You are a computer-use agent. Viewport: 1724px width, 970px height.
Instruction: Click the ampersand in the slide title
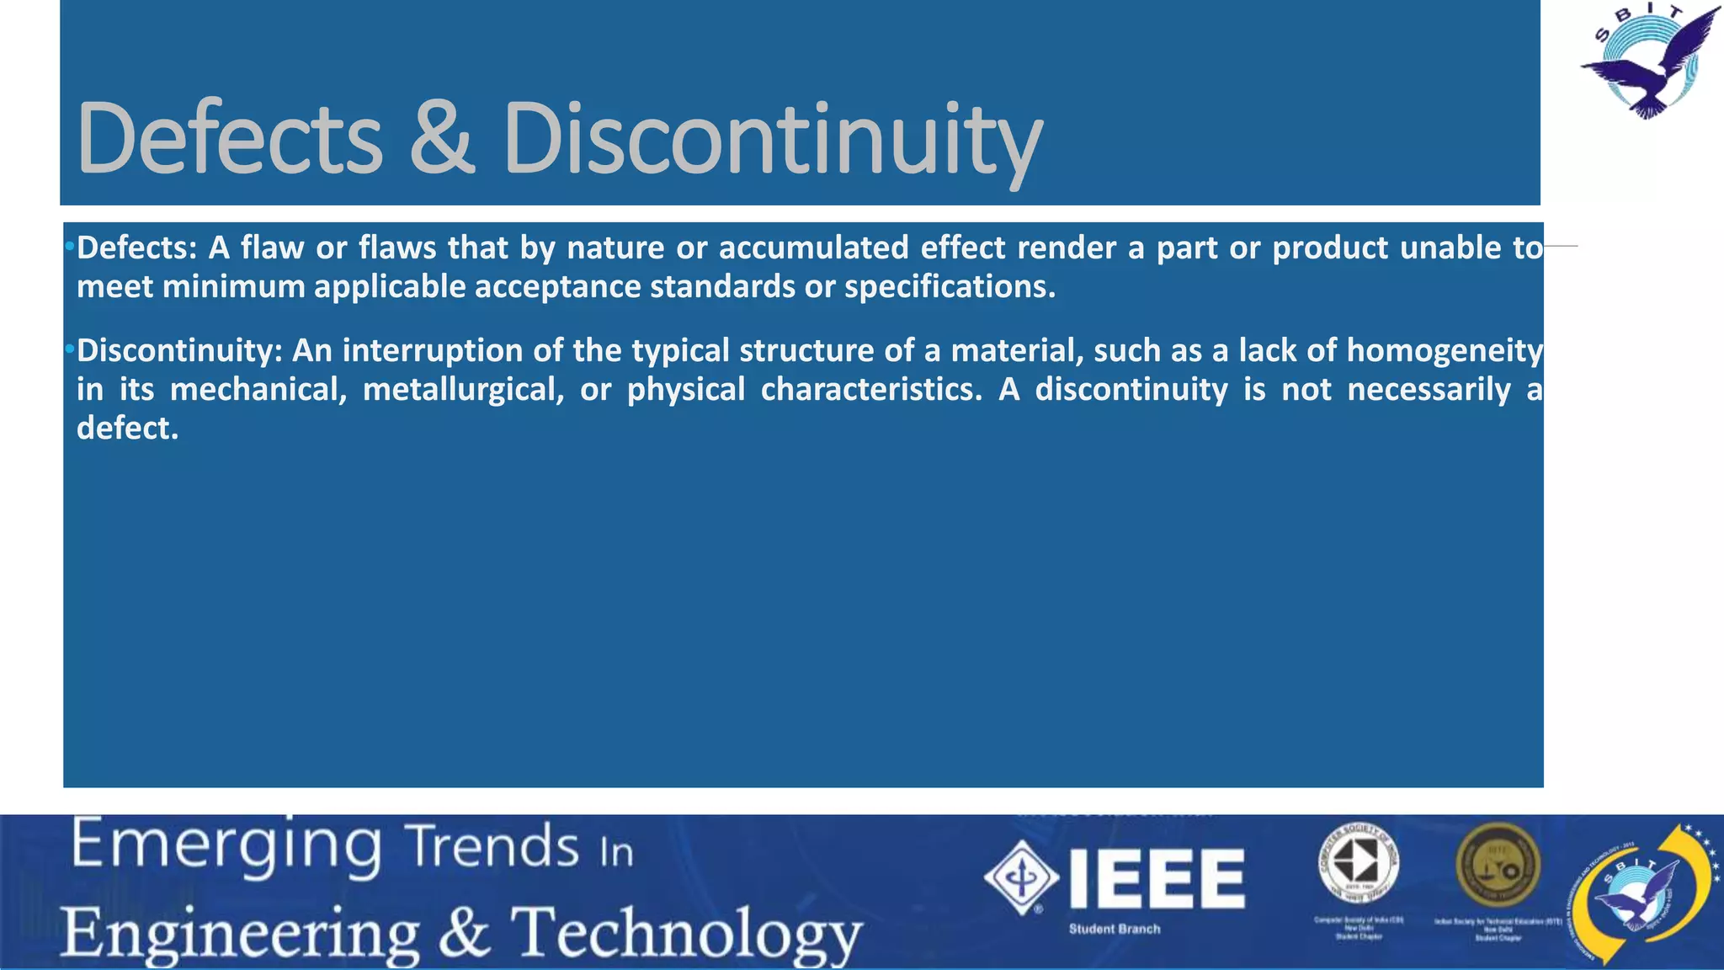[x=442, y=138]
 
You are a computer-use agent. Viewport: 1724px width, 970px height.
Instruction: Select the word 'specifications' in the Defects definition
[x=949, y=287]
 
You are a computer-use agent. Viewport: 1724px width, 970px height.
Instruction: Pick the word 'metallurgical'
[x=463, y=390]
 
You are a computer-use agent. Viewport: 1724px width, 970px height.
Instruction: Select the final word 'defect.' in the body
[x=127, y=429]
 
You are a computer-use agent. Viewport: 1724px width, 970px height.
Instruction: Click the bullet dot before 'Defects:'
[x=70, y=248]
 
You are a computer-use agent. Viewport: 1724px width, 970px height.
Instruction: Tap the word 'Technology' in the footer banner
[x=687, y=935]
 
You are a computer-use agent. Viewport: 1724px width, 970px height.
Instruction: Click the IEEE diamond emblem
[x=1021, y=877]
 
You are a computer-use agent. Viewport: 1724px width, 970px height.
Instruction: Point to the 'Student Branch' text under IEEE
[x=1115, y=929]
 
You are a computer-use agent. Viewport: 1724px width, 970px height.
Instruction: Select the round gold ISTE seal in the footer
[x=1498, y=866]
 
